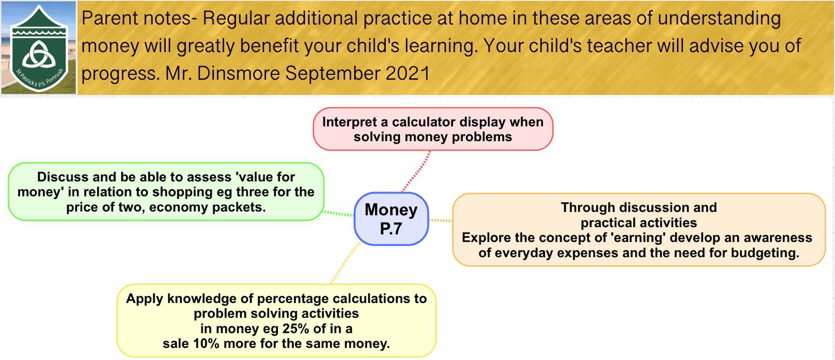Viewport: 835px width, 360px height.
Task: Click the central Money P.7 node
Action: coord(391,219)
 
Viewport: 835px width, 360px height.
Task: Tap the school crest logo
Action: coord(39,48)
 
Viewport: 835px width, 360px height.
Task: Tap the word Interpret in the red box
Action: coord(349,123)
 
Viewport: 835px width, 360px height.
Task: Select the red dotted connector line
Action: coord(416,172)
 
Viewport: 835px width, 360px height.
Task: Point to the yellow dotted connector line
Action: coord(346,262)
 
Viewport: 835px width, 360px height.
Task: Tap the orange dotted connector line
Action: coord(440,220)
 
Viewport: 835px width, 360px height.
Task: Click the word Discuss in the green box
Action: coord(63,177)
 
